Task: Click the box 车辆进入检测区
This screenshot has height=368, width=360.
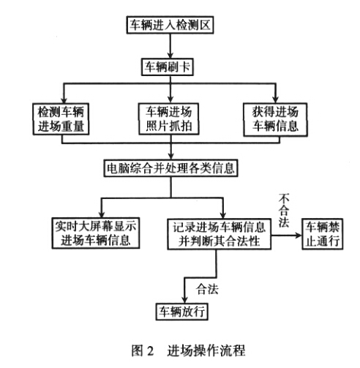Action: pyautogui.click(x=170, y=25)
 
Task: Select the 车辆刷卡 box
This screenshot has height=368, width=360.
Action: pyautogui.click(x=168, y=67)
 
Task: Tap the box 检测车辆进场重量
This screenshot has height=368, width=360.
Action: pyautogui.click(x=61, y=119)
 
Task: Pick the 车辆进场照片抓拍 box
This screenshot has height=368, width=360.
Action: pyautogui.click(x=169, y=119)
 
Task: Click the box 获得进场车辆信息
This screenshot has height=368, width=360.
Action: pyautogui.click(x=275, y=119)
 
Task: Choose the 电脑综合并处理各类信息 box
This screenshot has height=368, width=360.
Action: pyautogui.click(x=170, y=168)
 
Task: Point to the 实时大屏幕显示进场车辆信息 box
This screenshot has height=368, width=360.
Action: pyautogui.click(x=96, y=233)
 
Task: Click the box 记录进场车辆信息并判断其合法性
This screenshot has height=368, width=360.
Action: pyautogui.click(x=219, y=234)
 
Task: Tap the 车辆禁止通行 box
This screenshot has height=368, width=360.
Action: pyautogui.click(x=323, y=234)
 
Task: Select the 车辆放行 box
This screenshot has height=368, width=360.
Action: pyautogui.click(x=182, y=312)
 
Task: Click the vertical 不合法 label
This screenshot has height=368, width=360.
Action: pyautogui.click(x=284, y=211)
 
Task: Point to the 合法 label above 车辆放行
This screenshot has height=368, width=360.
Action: pyautogui.click(x=207, y=289)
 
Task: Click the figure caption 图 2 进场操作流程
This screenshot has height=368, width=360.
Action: pyautogui.click(x=188, y=350)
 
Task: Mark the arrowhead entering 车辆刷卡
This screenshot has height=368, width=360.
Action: pyautogui.click(x=170, y=55)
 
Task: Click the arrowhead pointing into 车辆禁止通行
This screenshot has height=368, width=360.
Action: pyautogui.click(x=299, y=236)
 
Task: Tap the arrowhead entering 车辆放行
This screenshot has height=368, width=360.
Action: pyautogui.click(x=184, y=300)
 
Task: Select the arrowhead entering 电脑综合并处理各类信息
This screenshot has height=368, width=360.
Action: pyautogui.click(x=171, y=156)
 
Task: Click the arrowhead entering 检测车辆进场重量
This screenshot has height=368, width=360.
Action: pyautogui.click(x=64, y=100)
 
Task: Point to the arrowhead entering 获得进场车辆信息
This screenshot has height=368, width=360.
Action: pyautogui.click(x=275, y=99)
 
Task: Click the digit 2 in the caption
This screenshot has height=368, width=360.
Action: pyautogui.click(x=150, y=351)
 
